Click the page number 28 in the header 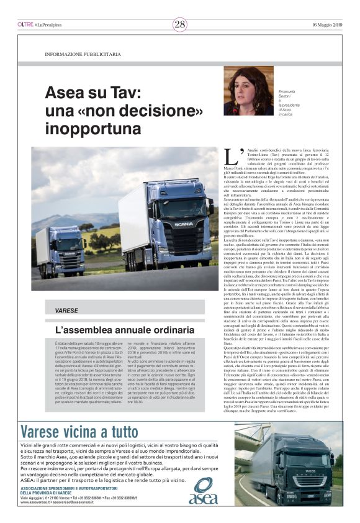coord(179,24)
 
